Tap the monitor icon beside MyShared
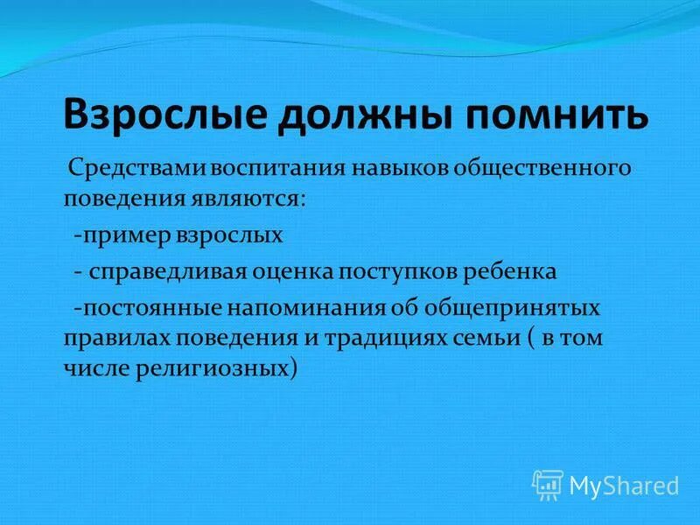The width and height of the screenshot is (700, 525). [548, 484]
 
